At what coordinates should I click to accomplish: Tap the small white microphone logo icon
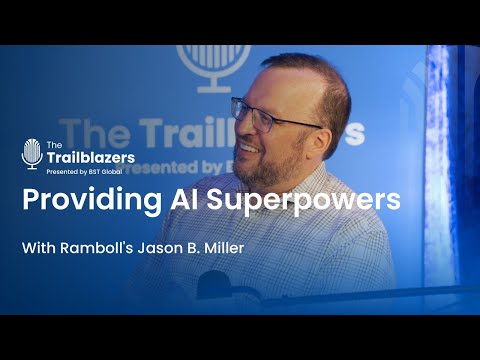coord(31,153)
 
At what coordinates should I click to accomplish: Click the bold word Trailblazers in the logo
coord(90,157)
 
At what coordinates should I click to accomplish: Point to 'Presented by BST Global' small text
coord(87,170)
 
